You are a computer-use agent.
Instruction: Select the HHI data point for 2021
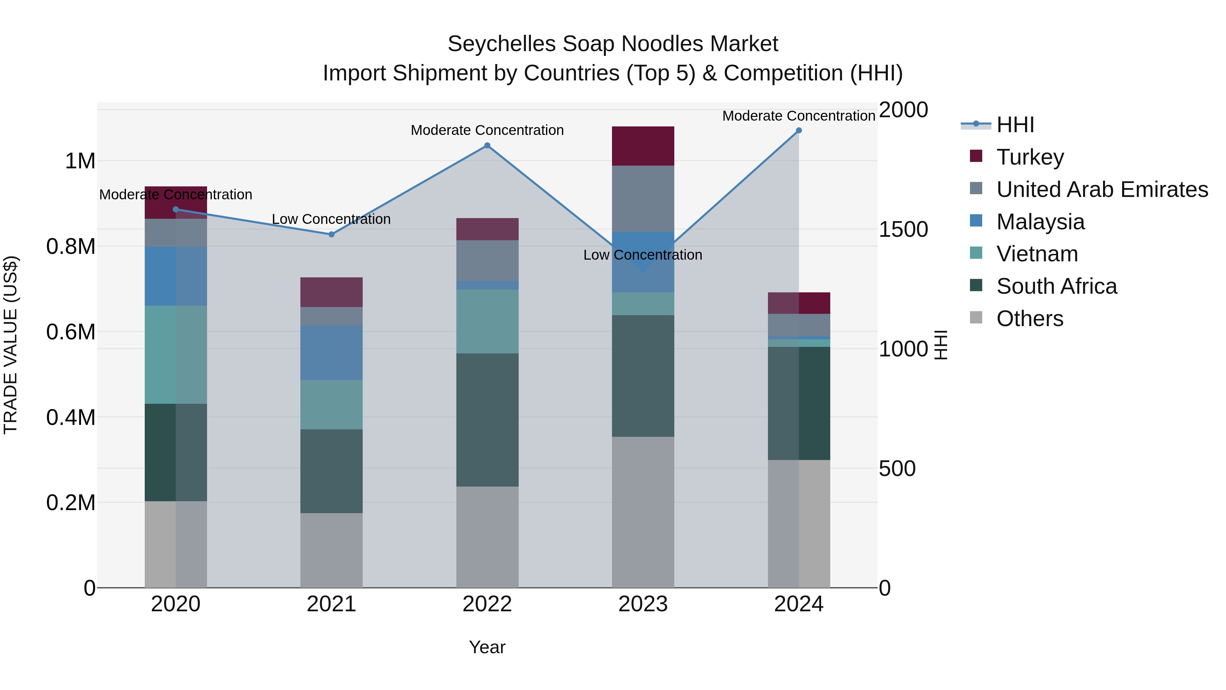[331, 234]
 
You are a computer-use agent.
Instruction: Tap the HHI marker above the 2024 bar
[799, 131]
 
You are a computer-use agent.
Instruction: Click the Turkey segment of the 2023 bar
[643, 146]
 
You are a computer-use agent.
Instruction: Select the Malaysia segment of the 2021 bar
[331, 352]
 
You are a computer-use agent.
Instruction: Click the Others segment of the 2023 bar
[643, 512]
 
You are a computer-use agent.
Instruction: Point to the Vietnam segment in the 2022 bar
[487, 321]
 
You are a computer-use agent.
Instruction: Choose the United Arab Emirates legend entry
[1102, 189]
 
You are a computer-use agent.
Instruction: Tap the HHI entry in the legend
[1015, 125]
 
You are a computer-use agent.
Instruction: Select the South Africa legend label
[1056, 286]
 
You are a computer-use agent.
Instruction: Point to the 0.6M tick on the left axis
[71, 332]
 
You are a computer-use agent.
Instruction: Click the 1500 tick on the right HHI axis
[903, 230]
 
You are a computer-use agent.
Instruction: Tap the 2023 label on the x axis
[643, 604]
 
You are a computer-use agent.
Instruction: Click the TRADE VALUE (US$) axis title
[11, 345]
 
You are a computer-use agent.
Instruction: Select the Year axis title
[487, 647]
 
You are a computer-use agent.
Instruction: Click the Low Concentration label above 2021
[331, 219]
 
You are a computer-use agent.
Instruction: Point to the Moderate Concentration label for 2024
[799, 116]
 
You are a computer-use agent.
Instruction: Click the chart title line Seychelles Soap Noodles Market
[613, 44]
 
